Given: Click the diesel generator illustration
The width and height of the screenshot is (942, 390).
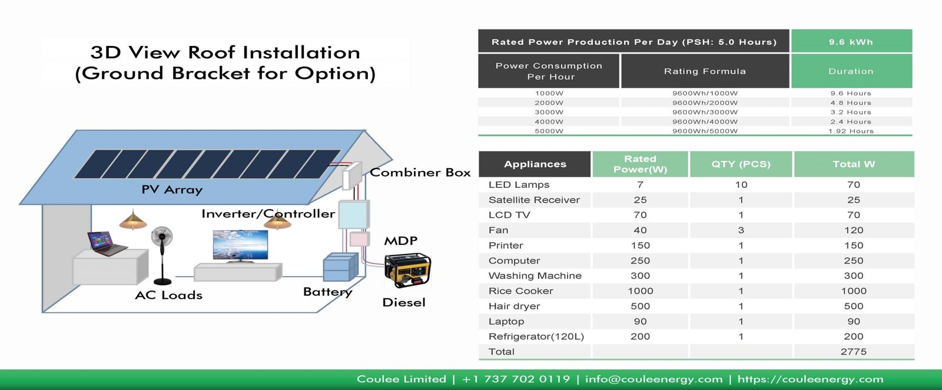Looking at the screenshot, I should tap(407, 270).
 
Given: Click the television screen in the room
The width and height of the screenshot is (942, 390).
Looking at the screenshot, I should tap(240, 244).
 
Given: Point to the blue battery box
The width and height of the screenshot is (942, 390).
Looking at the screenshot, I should tap(340, 267).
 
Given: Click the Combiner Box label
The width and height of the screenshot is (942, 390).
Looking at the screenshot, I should tap(420, 173).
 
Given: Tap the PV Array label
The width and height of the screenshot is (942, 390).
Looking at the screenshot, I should tap(171, 190).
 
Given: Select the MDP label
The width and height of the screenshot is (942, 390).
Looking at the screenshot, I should tap(400, 241).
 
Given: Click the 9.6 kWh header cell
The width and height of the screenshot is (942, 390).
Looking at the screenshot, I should tap(851, 42).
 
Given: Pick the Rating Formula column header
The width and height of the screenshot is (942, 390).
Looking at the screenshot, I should tap(705, 71).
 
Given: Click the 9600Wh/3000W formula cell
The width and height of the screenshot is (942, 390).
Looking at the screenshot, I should tap(705, 112).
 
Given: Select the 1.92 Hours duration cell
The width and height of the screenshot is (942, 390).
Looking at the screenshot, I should tap(851, 131).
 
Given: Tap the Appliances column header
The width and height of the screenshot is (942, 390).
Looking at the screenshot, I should tap(535, 164).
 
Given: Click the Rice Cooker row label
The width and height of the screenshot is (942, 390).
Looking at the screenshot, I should tap(520, 291).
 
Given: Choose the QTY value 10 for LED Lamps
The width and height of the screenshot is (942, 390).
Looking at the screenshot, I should tap(741, 185).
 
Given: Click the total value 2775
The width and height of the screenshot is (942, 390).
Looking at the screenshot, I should tap(853, 352).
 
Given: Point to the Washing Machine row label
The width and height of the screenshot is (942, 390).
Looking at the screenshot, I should tap(535, 276).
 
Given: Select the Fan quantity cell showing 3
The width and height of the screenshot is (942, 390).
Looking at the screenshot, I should tap(741, 230).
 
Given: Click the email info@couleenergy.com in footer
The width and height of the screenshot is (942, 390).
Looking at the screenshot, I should tap(654, 379).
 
